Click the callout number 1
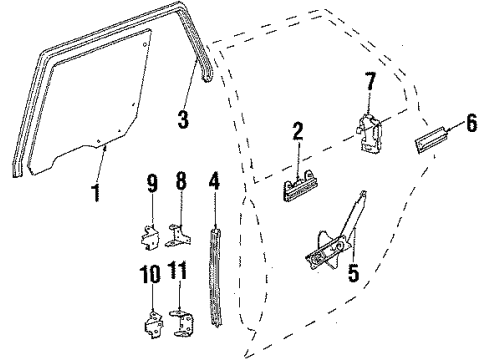[x=95, y=191]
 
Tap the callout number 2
[x=298, y=129]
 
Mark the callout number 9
[x=153, y=183]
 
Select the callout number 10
[x=150, y=271]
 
